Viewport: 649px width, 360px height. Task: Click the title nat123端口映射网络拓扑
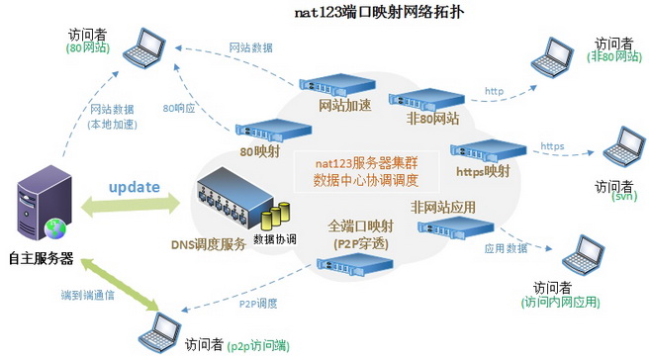379,12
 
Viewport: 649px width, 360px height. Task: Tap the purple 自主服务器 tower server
45,203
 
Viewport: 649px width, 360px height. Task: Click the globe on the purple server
55,229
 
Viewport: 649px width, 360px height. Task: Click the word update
135,187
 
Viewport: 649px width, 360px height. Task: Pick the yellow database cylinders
275,216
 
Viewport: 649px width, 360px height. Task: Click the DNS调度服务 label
209,244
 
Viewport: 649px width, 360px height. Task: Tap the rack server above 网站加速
337,84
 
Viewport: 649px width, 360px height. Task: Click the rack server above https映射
489,150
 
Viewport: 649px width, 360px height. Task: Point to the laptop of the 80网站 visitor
144,47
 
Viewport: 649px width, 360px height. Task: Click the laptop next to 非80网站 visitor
553,57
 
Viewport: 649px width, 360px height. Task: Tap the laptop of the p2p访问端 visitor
159,333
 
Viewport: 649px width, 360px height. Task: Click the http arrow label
495,91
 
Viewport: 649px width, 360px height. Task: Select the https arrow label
552,146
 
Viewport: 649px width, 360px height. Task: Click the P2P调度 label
258,304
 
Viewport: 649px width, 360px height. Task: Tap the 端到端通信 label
87,295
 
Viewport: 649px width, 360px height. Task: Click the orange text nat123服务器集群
366,163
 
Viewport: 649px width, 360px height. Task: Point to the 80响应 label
179,109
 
